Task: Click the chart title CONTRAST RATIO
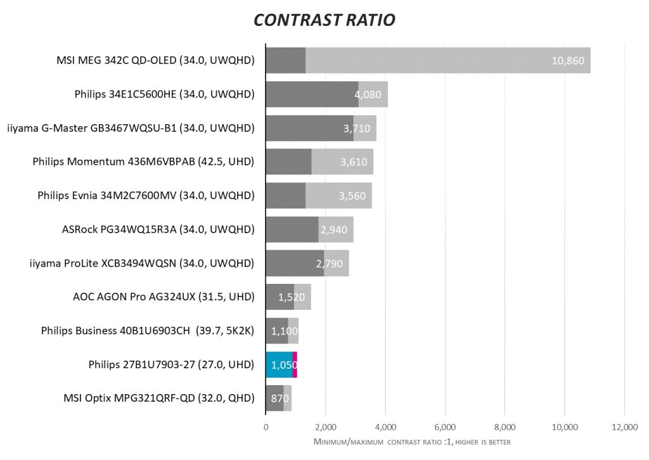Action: [324, 20]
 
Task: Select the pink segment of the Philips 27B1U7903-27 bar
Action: [295, 364]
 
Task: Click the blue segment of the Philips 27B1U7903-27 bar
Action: [279, 364]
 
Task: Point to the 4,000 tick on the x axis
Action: [385, 428]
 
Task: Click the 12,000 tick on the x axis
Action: [624, 428]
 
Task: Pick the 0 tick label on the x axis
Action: [266, 428]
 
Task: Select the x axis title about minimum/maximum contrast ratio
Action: [412, 442]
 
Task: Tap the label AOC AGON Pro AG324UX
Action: [164, 297]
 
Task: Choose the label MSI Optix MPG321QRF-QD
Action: [159, 398]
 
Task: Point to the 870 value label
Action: [280, 399]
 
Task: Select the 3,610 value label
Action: [354, 162]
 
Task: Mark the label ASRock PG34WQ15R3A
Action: [153, 229]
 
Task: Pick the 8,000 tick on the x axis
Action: [504, 428]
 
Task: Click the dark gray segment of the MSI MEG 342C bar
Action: [285, 61]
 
